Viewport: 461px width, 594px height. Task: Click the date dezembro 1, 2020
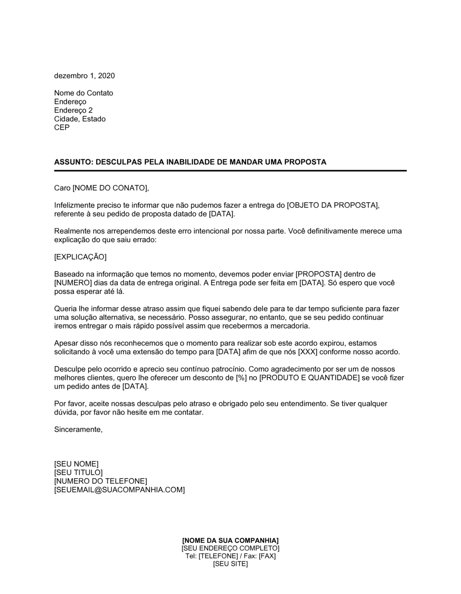(x=84, y=76)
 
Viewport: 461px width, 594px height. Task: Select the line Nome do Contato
(x=83, y=93)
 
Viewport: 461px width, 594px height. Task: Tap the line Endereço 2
(x=73, y=111)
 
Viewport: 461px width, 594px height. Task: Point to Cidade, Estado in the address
(x=80, y=119)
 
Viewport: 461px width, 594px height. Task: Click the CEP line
(x=62, y=128)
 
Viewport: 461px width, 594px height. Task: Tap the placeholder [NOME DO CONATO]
(x=111, y=188)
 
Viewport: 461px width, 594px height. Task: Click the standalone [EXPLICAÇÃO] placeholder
(x=80, y=256)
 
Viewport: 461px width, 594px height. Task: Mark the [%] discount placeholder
(x=251, y=378)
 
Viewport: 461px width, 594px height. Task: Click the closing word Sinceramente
(x=78, y=429)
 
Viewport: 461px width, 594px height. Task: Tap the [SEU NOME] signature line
(x=76, y=464)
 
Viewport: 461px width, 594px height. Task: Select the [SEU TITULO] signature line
(x=78, y=472)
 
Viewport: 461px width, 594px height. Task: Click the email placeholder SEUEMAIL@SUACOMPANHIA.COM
(x=119, y=490)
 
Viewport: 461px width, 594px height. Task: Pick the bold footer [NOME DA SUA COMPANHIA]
(x=230, y=540)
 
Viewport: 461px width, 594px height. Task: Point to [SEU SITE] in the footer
(x=230, y=564)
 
